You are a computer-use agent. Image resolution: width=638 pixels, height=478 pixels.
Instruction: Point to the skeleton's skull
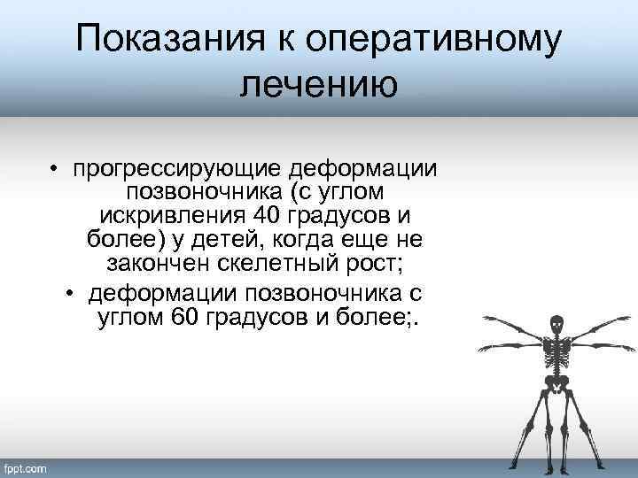tap(556, 325)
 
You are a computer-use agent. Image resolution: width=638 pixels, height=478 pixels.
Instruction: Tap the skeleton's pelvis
tap(556, 383)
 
